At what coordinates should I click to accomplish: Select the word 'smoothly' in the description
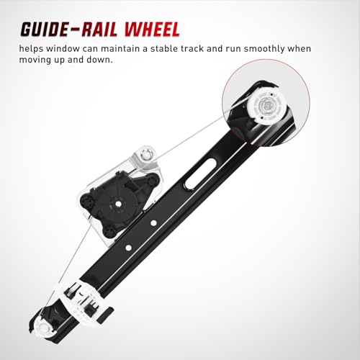[264, 49]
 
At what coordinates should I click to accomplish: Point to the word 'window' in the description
[63, 49]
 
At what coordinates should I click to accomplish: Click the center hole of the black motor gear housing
[118, 203]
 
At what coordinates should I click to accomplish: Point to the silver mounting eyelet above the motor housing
[146, 154]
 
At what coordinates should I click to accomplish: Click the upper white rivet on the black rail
[153, 223]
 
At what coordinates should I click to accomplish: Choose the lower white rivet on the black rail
[128, 248]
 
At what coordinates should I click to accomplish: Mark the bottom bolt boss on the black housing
[110, 232]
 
